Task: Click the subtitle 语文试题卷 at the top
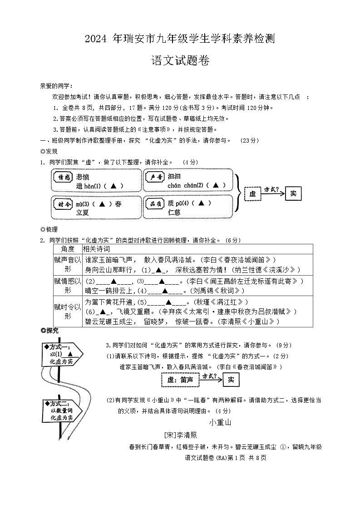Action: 180,61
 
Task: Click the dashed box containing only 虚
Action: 253,194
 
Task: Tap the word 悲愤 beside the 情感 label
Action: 83,177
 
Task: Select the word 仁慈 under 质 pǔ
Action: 174,212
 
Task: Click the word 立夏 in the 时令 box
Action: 83,212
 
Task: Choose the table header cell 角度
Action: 67,249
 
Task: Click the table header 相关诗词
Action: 96,249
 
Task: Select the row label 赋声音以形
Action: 67,264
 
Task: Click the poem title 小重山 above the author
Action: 220,423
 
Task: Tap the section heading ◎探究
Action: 49,331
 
